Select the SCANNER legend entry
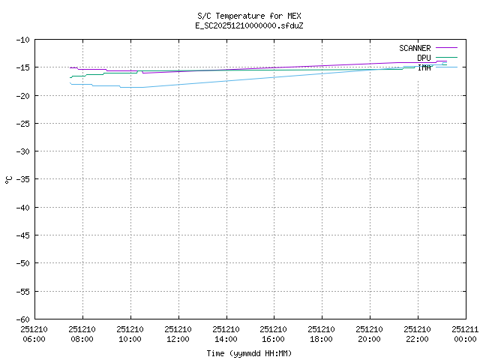pyautogui.click(x=415, y=48)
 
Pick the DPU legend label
pyautogui.click(x=424, y=58)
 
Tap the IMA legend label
pyautogui.click(x=424, y=67)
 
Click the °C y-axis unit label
pyautogui.click(x=9, y=179)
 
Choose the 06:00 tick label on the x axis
pyautogui.click(x=34, y=338)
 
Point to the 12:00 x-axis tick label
pyautogui.click(x=178, y=338)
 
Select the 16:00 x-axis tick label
pyautogui.click(x=273, y=338)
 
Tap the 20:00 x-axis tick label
pyautogui.click(x=369, y=338)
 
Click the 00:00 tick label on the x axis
pyautogui.click(x=464, y=338)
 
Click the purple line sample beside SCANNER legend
pyautogui.click(x=445, y=48)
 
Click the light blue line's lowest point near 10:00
pyautogui.click(x=131, y=87)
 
